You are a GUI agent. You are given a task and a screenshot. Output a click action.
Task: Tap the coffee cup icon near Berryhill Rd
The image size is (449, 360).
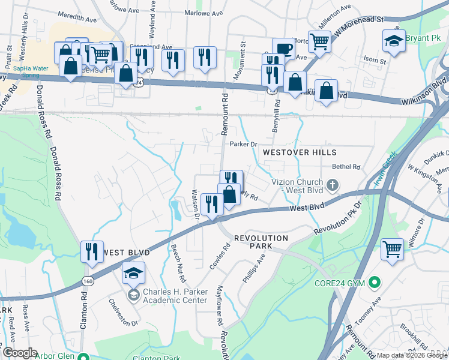coord(283,47)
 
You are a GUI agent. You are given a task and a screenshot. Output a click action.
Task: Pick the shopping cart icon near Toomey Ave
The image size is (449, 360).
coord(392,247)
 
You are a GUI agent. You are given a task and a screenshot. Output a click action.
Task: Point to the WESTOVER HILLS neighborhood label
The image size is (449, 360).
coord(299,153)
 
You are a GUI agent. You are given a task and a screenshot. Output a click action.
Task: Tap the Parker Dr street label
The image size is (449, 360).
coord(243,144)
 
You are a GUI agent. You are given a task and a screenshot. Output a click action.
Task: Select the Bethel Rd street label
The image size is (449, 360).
coord(346,167)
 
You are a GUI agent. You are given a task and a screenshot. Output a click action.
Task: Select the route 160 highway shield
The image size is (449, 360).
coord(88,281)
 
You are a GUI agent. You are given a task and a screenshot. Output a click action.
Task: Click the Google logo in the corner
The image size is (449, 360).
coord(20,353)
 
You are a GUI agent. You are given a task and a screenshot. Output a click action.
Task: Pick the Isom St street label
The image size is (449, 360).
coord(374,61)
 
